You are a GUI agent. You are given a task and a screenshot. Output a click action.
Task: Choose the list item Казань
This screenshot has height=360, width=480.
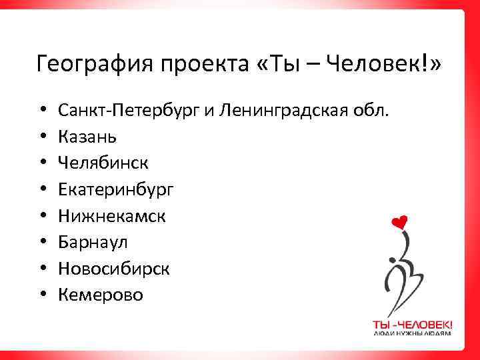coord(87,136)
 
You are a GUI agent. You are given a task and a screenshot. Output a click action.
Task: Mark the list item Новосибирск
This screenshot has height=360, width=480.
coord(113,268)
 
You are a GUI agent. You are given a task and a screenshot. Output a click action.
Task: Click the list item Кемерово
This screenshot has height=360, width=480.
coord(100,294)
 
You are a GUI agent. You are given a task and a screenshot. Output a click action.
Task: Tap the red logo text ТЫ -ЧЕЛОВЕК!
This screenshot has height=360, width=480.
coord(412,324)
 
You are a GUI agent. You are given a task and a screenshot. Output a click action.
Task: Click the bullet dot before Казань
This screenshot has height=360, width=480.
coord(42,137)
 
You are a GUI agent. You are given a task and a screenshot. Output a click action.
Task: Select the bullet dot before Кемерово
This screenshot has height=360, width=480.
coord(42,295)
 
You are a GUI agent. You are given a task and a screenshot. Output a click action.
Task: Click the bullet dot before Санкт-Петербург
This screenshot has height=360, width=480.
coord(42,110)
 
